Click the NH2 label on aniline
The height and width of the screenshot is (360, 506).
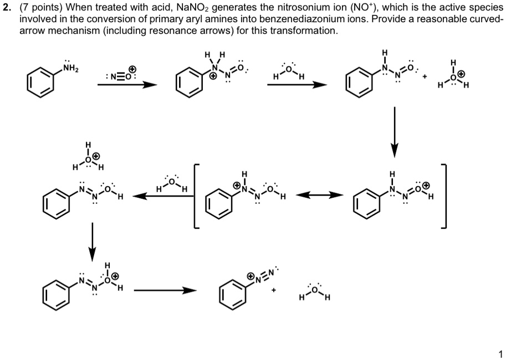click(71, 68)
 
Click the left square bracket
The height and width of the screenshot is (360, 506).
click(195, 197)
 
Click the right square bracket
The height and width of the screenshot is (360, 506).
click(444, 197)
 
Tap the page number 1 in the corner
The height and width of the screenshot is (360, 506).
click(500, 353)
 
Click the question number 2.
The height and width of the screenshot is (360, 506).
click(7, 7)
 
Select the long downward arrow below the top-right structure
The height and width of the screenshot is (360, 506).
click(395, 132)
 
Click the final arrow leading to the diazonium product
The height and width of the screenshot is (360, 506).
click(165, 291)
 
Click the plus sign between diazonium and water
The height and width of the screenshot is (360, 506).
click(274, 290)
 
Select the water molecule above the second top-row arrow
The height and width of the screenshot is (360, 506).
click(288, 71)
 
